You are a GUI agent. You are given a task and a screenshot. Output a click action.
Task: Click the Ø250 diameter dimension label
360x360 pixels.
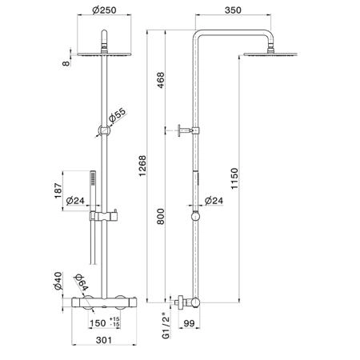104,10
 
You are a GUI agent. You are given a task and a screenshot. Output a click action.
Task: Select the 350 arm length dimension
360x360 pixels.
233,10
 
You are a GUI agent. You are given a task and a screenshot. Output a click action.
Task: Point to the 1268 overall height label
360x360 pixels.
142,166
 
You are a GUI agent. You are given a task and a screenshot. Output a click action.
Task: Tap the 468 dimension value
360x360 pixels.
161,80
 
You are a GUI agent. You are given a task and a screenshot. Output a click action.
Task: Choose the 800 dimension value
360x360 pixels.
161,216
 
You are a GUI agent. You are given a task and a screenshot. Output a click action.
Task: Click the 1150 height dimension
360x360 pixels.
234,178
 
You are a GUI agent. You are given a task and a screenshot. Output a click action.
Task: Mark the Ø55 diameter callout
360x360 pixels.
117,116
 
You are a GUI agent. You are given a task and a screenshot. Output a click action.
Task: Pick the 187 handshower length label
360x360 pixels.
58,190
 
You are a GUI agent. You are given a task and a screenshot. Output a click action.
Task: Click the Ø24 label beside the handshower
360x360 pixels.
75,200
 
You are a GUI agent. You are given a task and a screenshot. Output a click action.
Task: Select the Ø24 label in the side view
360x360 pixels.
214,200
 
